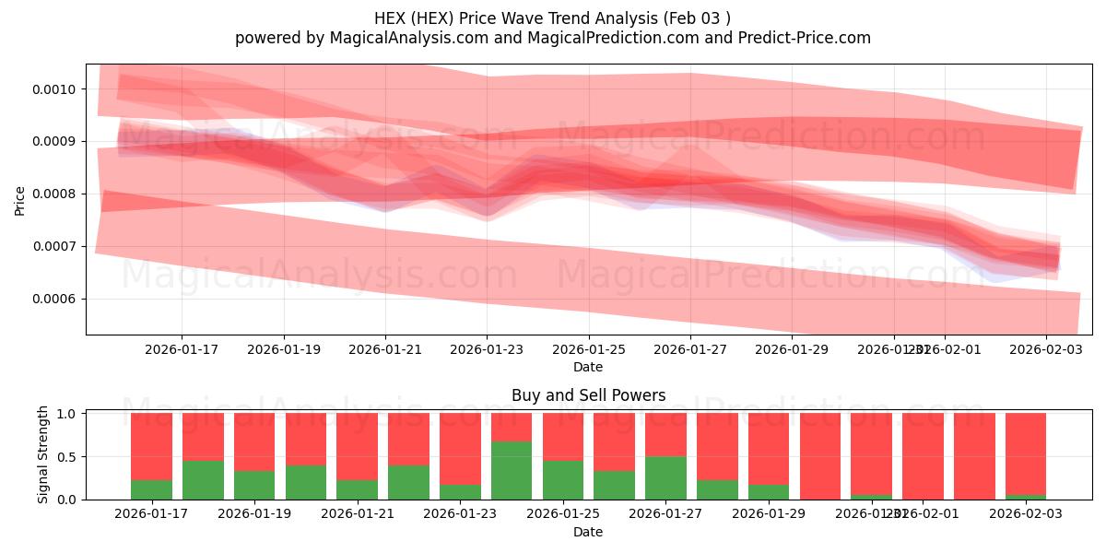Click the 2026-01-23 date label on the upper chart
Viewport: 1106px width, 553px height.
[487, 350]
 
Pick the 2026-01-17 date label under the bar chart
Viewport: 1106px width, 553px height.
[151, 514]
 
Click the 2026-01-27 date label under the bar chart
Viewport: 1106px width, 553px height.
[665, 514]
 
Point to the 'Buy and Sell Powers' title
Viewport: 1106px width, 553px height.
[588, 396]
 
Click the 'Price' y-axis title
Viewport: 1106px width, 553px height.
[20, 199]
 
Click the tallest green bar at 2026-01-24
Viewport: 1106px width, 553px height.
[512, 470]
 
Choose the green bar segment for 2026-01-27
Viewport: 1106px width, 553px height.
[665, 477]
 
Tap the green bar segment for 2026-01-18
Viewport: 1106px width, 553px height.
[203, 479]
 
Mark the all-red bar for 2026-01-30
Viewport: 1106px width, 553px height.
[820, 456]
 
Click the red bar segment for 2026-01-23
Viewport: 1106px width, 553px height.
[460, 447]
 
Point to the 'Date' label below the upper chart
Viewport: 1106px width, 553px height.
[588, 367]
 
